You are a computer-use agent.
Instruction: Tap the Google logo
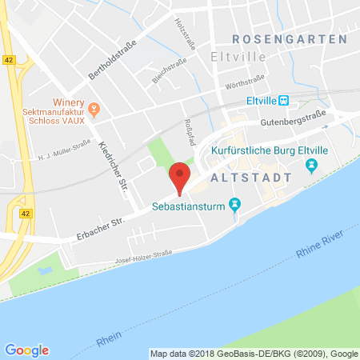coord(26,350)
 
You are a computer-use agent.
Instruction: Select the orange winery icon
coord(94,107)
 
